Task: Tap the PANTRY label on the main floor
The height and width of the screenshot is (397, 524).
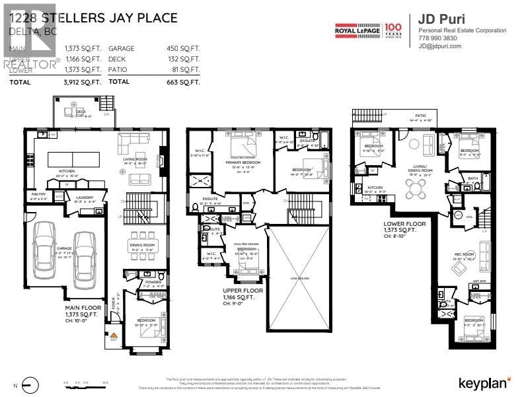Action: click(36, 194)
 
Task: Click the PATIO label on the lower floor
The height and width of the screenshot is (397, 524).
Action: click(420, 115)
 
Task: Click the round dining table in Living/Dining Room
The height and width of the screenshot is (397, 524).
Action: click(418, 190)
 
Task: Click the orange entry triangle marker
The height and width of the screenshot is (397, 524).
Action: click(114, 336)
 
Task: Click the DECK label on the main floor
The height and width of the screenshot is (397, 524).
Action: click(80, 112)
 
